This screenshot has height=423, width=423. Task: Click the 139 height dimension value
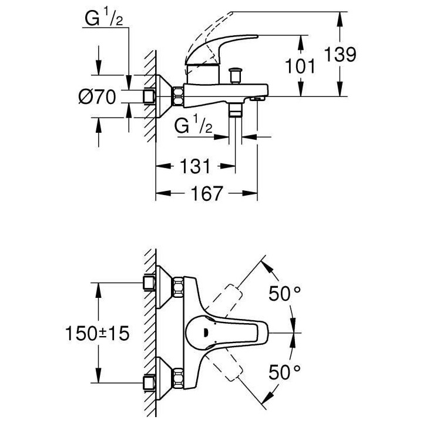coord(340,55)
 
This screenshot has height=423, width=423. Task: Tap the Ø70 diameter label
coord(98,96)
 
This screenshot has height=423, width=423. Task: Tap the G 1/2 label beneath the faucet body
coord(193,126)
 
